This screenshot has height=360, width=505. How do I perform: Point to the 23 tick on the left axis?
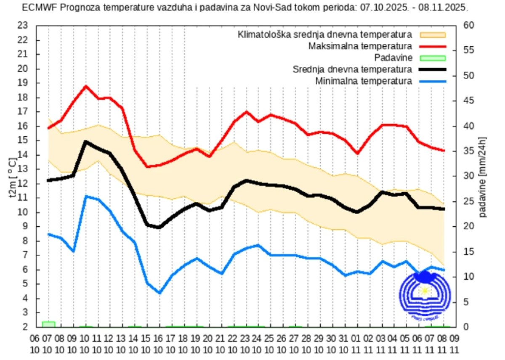(x=22, y=26)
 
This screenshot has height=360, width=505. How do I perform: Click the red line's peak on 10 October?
(x=86, y=86)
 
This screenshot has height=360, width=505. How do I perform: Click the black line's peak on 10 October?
(x=86, y=142)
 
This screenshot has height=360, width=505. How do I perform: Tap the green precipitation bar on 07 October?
(x=48, y=324)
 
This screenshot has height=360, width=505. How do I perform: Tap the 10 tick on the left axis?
(x=22, y=212)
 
